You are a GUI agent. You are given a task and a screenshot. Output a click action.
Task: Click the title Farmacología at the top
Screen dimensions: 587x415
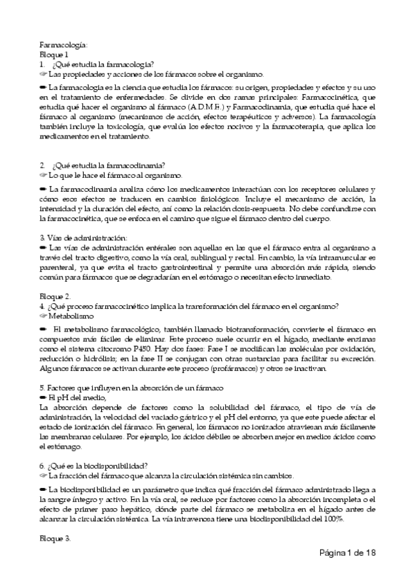63,44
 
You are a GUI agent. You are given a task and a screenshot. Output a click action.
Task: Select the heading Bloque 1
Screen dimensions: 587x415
54,54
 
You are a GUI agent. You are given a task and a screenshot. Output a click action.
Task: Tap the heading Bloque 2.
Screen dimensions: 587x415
55,296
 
